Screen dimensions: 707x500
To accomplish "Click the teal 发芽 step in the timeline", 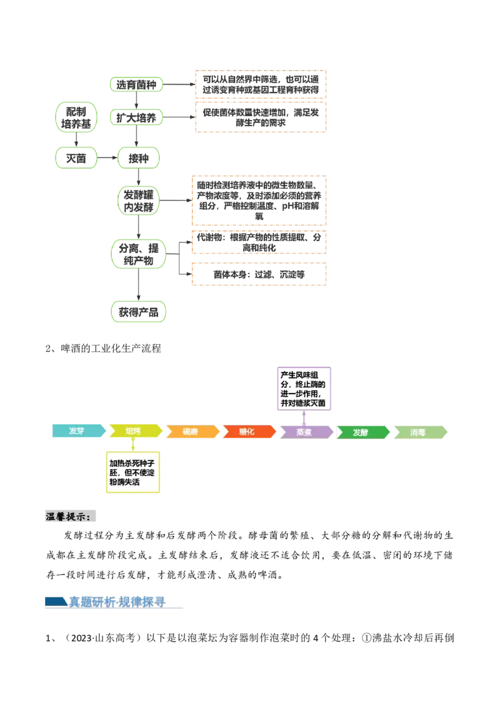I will coord(77,432).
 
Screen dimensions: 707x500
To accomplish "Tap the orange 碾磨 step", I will coord(191,432).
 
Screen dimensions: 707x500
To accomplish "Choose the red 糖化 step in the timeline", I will coord(247,432).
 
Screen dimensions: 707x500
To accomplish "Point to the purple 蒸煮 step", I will coord(305,432).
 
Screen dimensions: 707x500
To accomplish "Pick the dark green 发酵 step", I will coord(361,432).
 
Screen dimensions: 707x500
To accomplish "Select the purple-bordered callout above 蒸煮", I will coord(304,388).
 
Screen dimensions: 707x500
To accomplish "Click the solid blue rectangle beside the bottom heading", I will coord(54,601).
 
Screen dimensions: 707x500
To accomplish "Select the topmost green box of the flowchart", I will coord(137,85).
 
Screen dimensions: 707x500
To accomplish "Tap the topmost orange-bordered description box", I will coord(262,84).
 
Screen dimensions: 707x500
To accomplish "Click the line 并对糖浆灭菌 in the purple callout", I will coord(303,404).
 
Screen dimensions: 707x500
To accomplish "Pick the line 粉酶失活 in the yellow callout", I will coord(124,482).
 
